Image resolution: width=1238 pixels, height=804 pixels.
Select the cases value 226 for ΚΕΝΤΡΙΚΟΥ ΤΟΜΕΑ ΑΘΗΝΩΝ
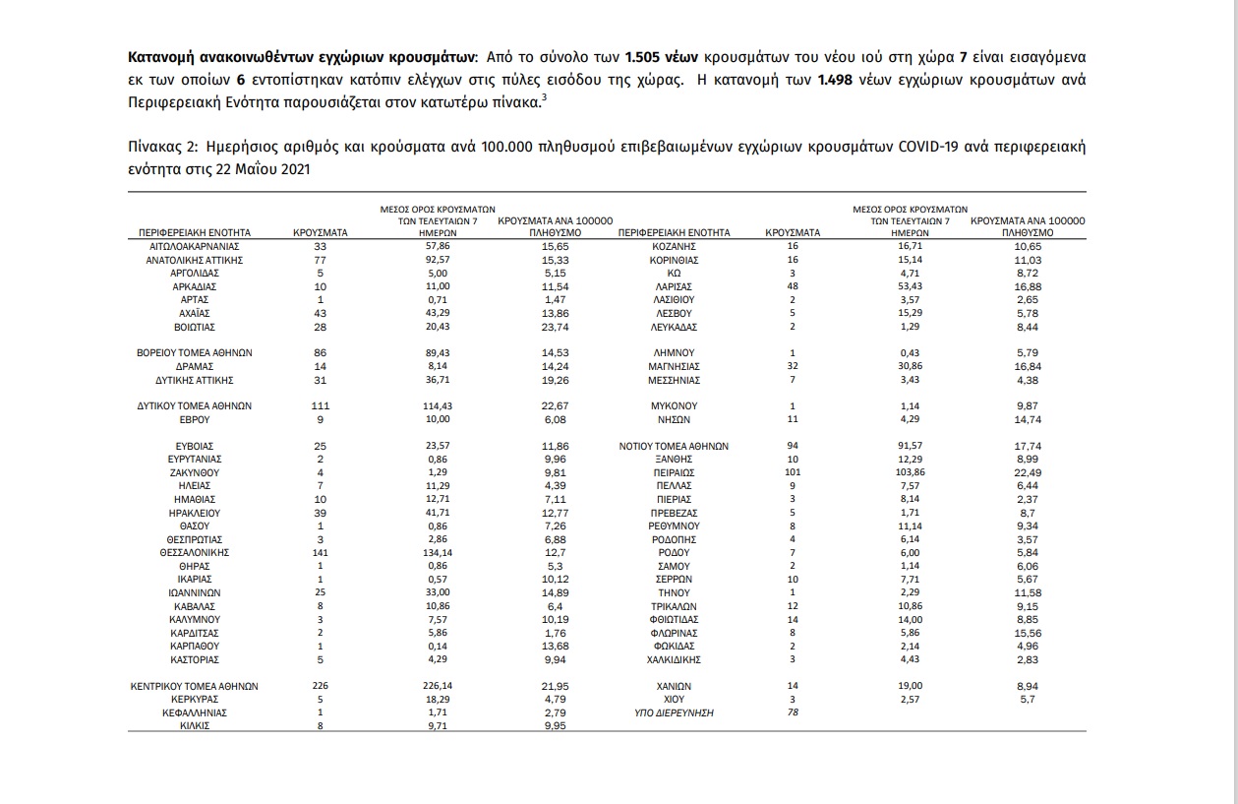click(321, 686)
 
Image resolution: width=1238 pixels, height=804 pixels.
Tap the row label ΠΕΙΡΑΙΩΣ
click(674, 472)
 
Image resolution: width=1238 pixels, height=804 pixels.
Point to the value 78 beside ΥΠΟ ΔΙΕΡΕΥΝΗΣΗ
click(792, 712)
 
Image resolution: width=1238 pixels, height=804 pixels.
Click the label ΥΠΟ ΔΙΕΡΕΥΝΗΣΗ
click(674, 712)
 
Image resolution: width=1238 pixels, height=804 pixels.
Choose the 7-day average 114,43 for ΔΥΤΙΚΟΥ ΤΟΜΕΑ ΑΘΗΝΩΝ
click(438, 405)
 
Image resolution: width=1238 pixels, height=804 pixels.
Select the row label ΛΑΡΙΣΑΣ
click(674, 286)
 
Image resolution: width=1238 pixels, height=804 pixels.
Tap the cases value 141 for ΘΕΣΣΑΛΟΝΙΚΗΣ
click(321, 553)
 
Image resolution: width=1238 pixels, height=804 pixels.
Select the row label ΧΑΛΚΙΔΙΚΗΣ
click(674, 659)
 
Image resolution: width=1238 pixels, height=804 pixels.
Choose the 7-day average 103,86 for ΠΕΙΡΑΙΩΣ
click(910, 472)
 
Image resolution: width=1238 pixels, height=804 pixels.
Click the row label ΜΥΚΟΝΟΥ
click(674, 405)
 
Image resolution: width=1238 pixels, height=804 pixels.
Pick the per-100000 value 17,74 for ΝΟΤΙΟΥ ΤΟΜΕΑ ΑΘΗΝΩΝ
click(1028, 446)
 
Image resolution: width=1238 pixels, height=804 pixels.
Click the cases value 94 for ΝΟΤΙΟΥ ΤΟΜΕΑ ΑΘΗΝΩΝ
click(792, 446)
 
